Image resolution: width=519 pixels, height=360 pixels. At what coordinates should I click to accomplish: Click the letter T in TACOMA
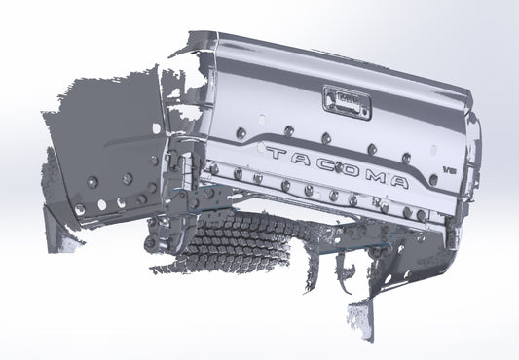point(274,154)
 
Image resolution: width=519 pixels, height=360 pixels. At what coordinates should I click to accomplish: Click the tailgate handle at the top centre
point(346,98)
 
